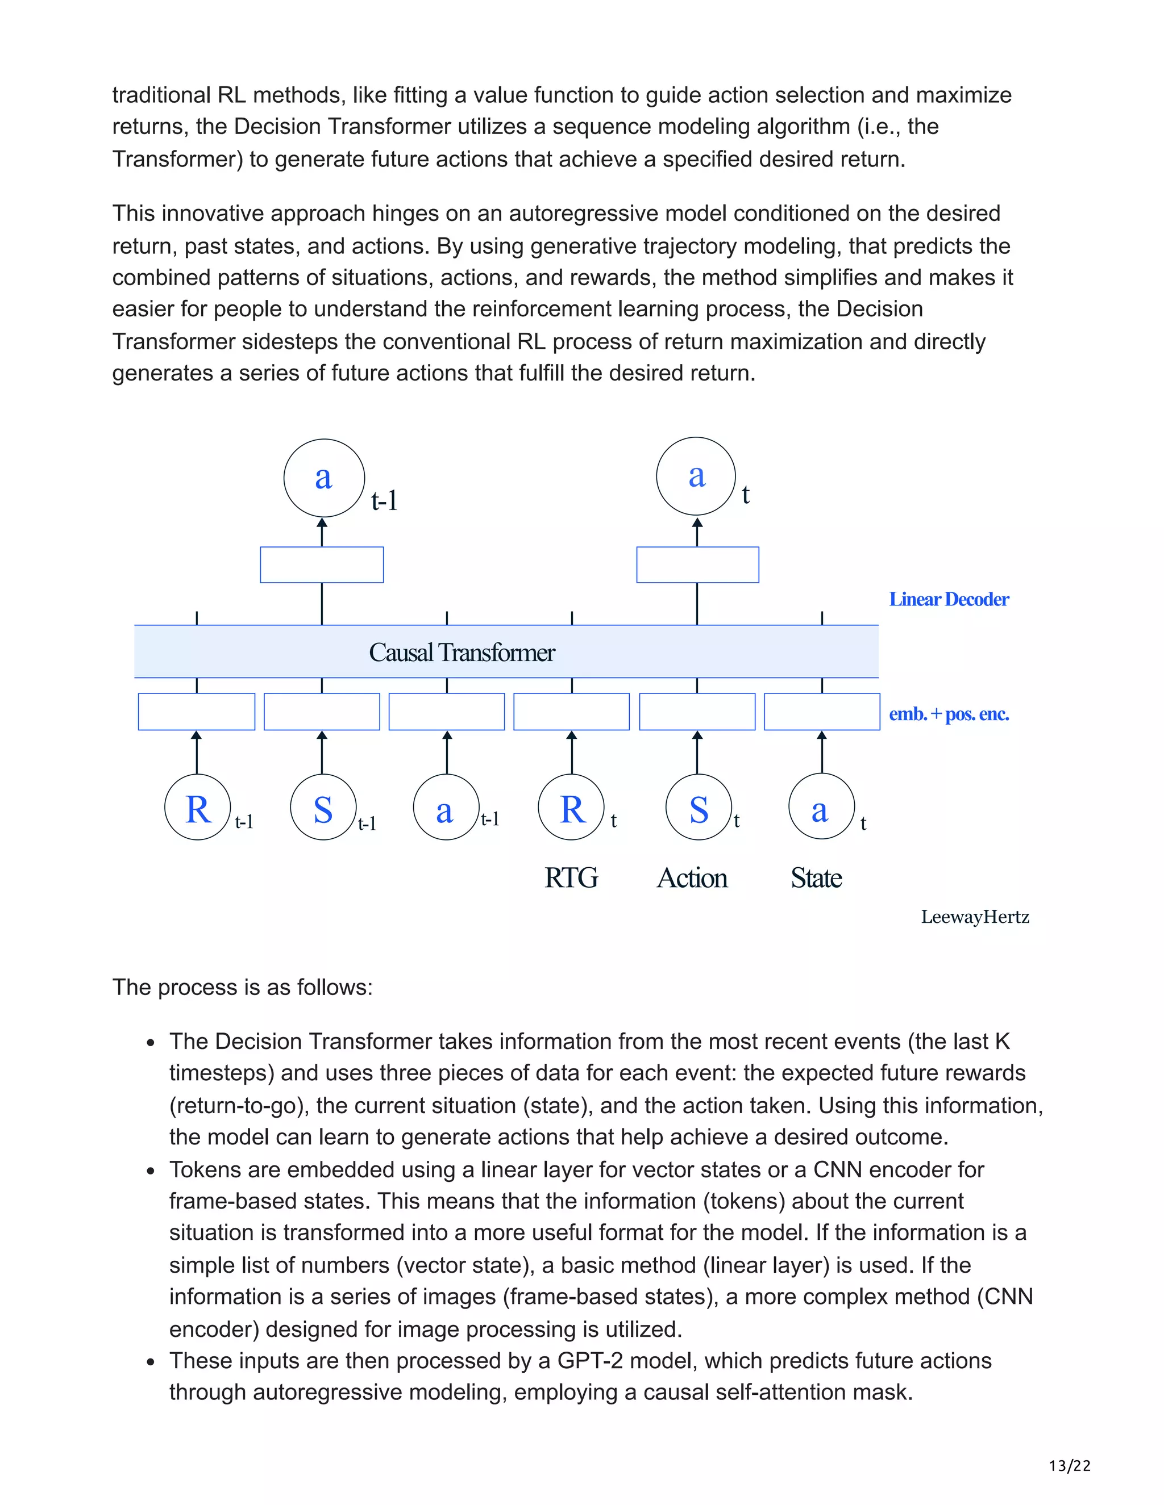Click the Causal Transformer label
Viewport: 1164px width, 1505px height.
coord(462,653)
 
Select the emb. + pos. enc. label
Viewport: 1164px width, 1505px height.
coord(948,714)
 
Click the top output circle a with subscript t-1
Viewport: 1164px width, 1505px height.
coord(323,478)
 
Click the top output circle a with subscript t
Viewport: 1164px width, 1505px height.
coord(696,475)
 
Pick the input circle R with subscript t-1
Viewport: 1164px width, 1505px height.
coord(197,808)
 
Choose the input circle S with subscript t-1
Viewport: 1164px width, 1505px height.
coord(323,808)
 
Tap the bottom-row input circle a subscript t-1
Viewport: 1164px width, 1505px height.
coord(446,808)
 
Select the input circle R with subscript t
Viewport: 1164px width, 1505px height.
coord(571,808)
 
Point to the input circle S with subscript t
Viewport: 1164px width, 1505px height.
coord(698,808)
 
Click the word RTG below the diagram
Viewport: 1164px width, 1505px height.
coord(571,878)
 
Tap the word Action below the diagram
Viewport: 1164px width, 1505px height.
coord(692,878)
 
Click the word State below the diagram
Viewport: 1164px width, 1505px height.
coord(816,878)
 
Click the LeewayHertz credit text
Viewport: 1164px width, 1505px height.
coord(974,917)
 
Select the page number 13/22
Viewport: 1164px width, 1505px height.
coord(1070,1466)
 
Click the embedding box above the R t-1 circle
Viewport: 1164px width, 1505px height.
coord(197,712)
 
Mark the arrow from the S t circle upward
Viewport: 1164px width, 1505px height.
coord(697,752)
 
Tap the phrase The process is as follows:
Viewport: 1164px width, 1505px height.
coord(242,988)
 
